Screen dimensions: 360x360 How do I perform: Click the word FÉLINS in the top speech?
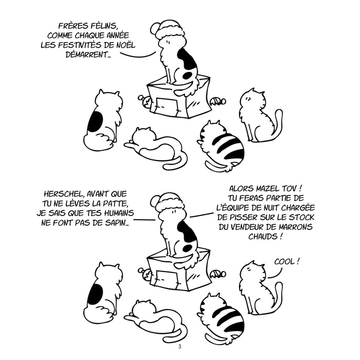click(104, 26)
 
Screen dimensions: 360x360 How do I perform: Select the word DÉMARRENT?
click(88, 55)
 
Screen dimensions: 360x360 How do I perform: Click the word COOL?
click(284, 261)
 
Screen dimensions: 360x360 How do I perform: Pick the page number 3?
click(180, 347)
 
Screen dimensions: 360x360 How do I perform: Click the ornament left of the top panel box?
click(145, 101)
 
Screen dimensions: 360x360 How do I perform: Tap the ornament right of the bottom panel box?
click(218, 274)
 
